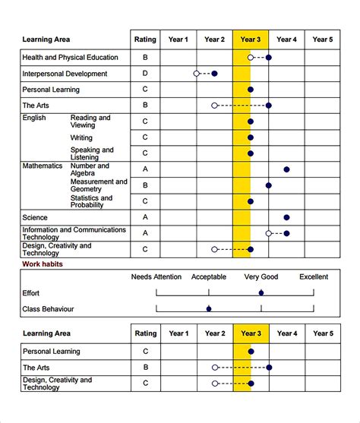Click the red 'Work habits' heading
point(43,264)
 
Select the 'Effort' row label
point(31,292)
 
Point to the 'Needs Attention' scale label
point(156,277)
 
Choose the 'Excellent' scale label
point(313,277)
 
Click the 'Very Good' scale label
point(261,277)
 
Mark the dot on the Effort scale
point(261,292)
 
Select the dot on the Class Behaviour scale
point(209,308)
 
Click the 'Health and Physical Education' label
point(70,57)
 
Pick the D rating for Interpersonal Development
point(145,74)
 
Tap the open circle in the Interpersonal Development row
point(197,74)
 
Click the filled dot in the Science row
point(286,217)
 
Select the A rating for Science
point(145,217)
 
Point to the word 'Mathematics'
point(43,166)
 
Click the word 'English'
point(34,118)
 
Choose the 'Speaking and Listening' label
point(92,153)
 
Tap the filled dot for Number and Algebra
point(286,169)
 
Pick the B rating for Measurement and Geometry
point(145,185)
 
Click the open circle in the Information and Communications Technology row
point(269,233)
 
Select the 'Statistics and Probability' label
point(92,201)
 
